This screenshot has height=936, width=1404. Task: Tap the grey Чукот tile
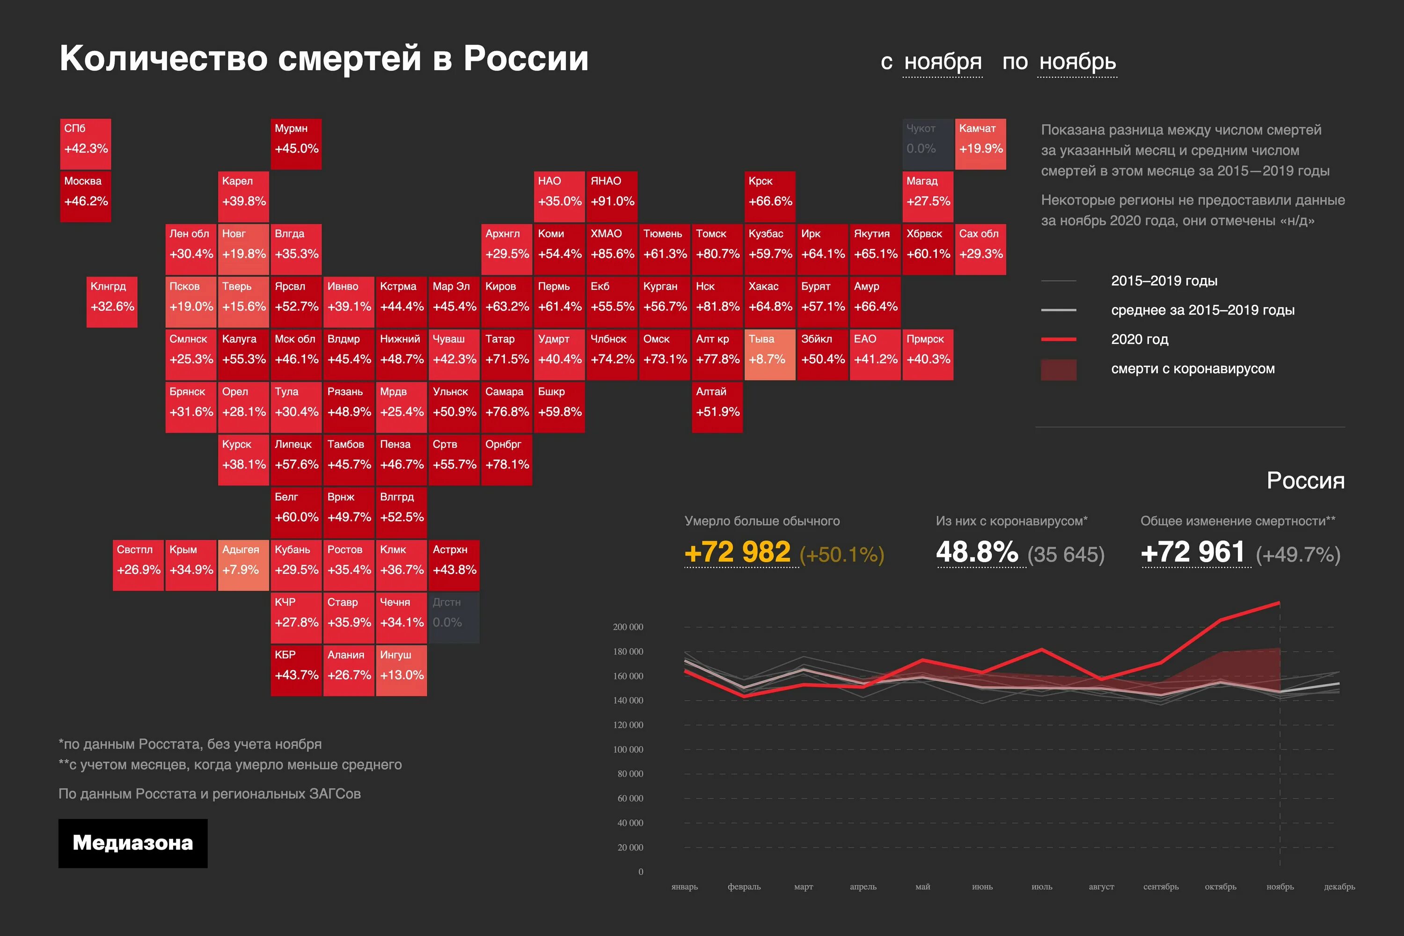pos(927,144)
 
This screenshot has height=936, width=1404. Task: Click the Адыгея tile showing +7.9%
pos(243,565)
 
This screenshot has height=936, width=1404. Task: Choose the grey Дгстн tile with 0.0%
pos(453,617)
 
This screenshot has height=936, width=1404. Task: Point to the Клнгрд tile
pos(112,301)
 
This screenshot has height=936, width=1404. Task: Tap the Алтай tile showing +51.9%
pos(717,407)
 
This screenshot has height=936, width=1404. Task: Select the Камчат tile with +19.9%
pos(980,144)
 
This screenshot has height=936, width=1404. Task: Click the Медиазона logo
pos(132,843)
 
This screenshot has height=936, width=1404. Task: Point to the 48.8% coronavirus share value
pos(977,552)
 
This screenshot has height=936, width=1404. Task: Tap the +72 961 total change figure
pos(1192,552)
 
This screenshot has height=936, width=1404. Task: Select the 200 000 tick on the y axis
pos(628,627)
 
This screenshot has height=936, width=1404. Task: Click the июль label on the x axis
pos(1042,886)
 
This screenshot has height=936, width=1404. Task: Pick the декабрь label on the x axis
pos(1339,886)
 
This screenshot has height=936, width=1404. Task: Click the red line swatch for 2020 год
pos(1058,339)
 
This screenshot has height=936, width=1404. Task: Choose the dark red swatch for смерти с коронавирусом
pos(1058,369)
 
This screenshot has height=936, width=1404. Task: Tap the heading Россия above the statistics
pos(1306,481)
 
